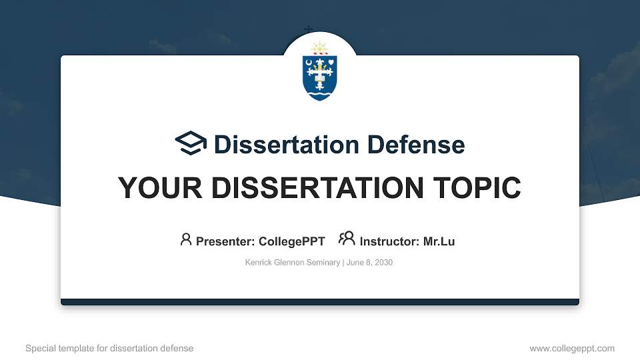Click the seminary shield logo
320,73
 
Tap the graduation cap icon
191,143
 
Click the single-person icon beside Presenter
186,239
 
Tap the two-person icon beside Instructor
347,239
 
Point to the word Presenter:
225,241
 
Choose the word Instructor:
390,241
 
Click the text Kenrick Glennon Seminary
293,263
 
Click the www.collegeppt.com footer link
571,348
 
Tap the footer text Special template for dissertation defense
109,348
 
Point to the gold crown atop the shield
320,49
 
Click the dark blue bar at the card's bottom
320,302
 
